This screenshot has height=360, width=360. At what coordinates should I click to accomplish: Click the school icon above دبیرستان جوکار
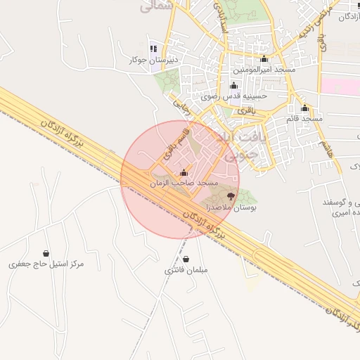tap(154, 49)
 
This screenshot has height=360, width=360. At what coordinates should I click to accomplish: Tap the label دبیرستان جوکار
tap(150, 60)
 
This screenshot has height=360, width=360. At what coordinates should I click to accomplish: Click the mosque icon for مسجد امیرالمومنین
tap(264, 59)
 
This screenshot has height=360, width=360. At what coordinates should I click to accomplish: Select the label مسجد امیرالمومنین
tap(264, 70)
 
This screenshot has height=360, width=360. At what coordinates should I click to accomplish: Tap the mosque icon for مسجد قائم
tap(304, 108)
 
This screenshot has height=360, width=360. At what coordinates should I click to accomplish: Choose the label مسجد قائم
tap(304, 119)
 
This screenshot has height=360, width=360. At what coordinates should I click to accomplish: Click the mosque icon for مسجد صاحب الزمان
tap(184, 172)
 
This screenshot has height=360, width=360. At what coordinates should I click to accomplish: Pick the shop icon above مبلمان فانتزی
tap(186, 259)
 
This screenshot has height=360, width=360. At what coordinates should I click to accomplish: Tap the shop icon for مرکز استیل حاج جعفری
tap(46, 253)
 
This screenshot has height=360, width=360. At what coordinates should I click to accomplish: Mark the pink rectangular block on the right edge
tap(340, 86)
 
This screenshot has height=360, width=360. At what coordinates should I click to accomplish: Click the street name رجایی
tap(181, 106)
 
